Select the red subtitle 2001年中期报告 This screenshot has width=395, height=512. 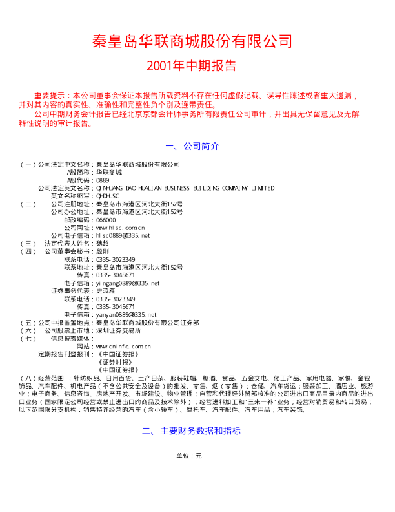[192, 66]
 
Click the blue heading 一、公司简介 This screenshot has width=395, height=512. [192, 146]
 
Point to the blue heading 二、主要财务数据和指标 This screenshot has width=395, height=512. [192, 430]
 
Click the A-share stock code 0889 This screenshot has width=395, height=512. [101, 180]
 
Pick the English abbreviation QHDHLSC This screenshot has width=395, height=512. [107, 196]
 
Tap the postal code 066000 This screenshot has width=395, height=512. [105, 220]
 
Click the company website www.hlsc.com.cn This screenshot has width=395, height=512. [119, 228]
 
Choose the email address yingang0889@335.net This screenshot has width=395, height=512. [127, 283]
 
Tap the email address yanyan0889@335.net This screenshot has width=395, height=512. [126, 315]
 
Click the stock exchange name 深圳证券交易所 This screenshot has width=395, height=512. [118, 330]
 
